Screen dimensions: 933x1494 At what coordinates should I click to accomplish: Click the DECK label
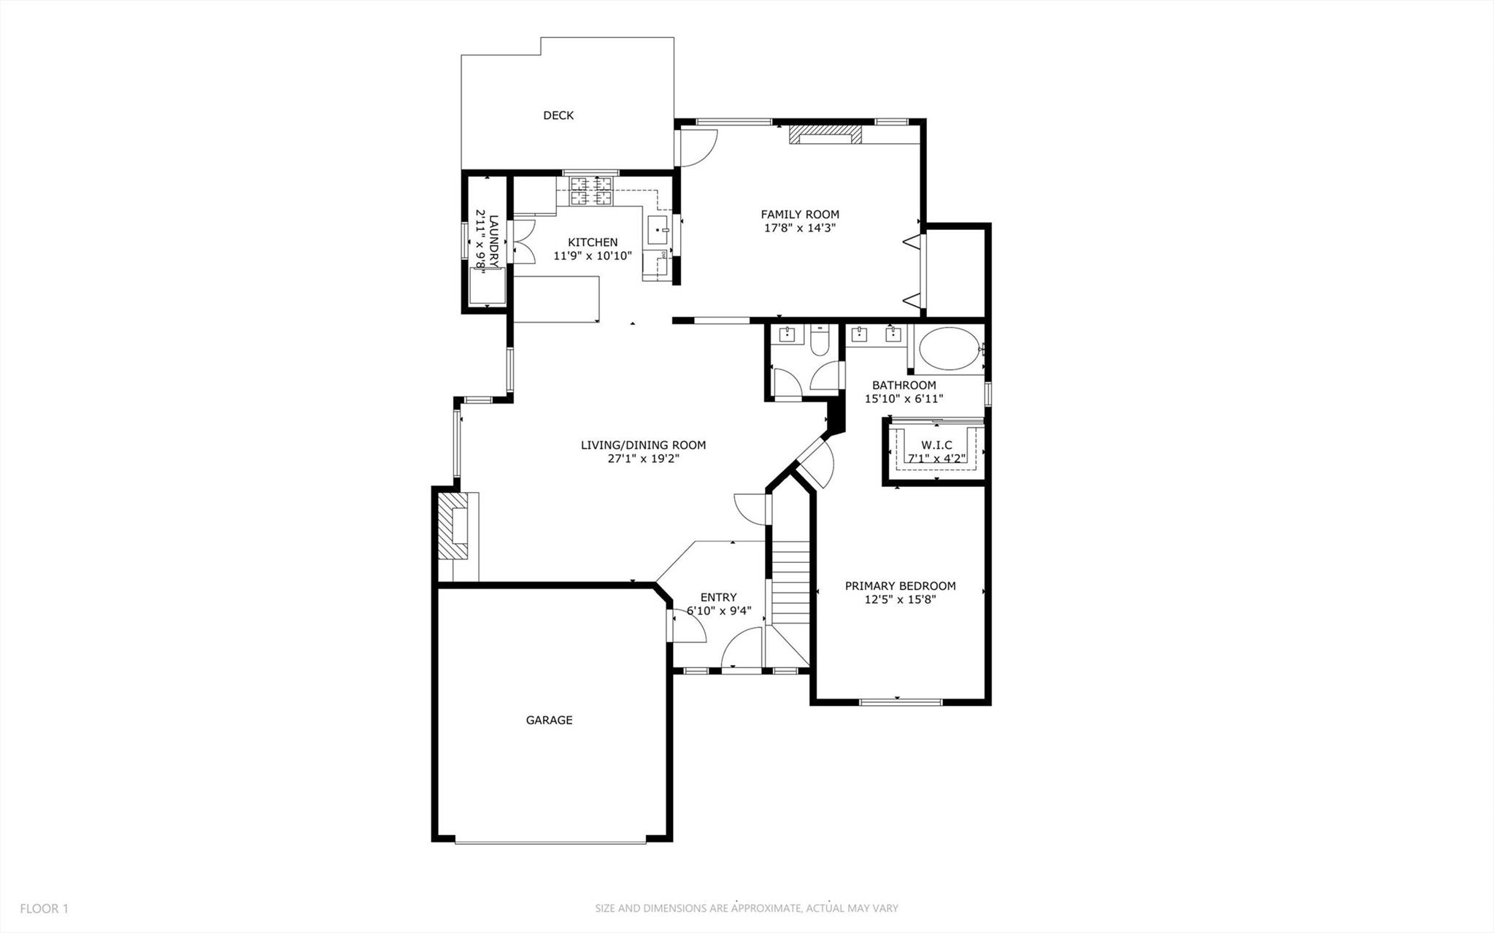click(558, 115)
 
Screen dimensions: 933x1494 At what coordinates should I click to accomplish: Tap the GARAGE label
click(549, 721)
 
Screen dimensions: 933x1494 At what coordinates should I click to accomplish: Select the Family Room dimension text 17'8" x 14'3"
click(799, 228)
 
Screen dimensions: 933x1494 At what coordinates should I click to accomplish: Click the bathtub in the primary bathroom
click(950, 350)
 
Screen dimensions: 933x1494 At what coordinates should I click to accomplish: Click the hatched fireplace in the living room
click(452, 526)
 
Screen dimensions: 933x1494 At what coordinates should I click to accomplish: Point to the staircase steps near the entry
click(791, 584)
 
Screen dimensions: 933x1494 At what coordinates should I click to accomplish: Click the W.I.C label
click(936, 445)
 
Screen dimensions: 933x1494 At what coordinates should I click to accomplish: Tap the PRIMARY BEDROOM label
click(900, 586)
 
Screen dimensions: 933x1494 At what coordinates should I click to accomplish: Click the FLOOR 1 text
click(44, 909)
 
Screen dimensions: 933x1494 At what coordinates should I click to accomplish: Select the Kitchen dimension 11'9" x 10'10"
click(593, 256)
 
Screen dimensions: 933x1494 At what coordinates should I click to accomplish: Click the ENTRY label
click(718, 597)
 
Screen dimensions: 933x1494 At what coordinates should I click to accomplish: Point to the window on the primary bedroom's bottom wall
click(901, 702)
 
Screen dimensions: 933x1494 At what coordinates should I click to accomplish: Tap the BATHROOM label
click(904, 385)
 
